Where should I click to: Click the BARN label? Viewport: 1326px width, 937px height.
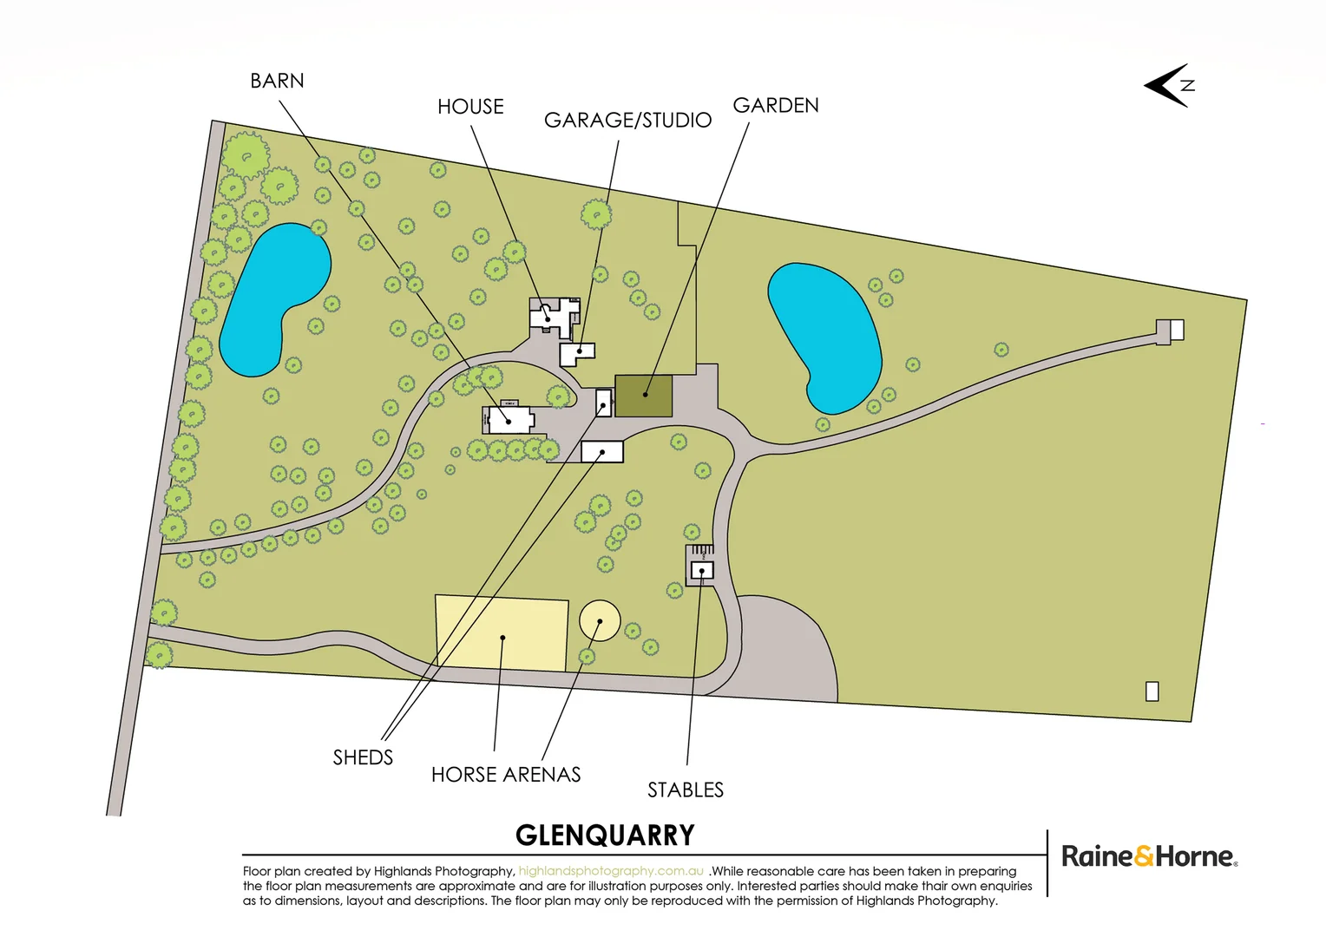(277, 81)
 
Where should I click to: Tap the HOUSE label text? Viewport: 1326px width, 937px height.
(470, 107)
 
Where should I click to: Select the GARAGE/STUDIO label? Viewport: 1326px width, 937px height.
(627, 120)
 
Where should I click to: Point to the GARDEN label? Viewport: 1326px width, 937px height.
(776, 105)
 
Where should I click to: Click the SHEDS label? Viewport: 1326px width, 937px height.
(363, 757)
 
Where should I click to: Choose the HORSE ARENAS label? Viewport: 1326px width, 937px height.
(506, 775)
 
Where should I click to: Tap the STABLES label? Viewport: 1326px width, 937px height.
(685, 790)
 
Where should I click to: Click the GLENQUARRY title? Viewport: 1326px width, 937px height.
(605, 835)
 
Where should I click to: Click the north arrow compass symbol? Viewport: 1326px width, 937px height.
(1169, 85)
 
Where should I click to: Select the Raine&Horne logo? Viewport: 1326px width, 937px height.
(1149, 857)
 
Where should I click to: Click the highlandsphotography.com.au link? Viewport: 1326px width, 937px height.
(611, 871)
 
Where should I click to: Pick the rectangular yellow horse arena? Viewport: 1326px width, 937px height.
(502, 633)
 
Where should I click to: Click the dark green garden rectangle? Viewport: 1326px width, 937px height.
(644, 396)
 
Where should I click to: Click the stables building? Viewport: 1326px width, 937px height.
(702, 570)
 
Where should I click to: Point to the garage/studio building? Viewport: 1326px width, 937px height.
(576, 352)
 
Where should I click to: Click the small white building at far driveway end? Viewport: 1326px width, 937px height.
(1177, 330)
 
